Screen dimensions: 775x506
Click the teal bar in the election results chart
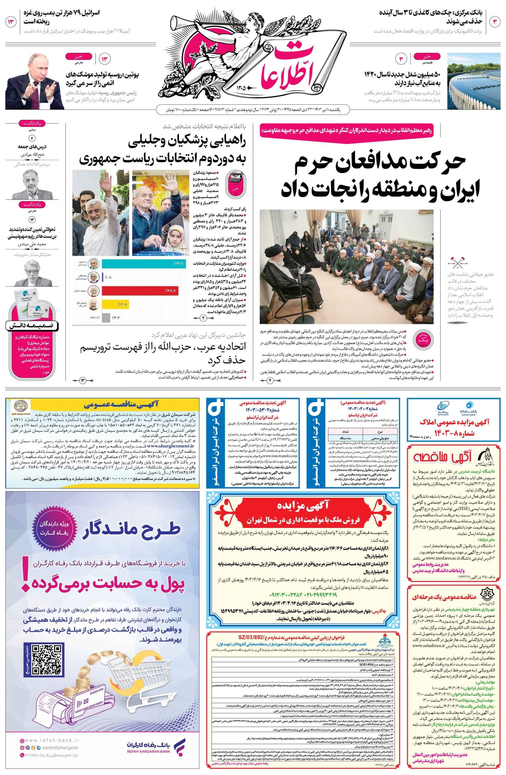click(144, 263)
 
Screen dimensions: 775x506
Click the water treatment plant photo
click(474, 81)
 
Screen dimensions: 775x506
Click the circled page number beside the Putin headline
click(105, 59)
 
